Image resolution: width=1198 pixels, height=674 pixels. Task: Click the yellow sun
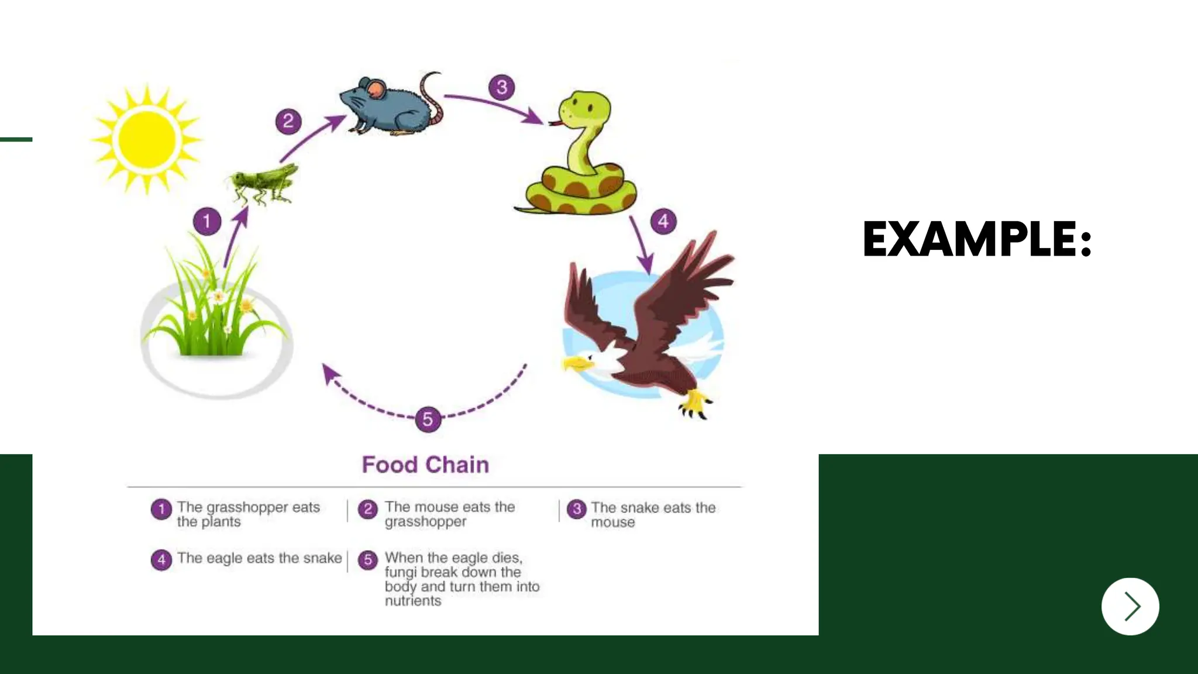147,139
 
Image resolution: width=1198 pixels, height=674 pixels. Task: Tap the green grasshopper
264,182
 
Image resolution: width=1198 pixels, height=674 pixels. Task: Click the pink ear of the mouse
377,89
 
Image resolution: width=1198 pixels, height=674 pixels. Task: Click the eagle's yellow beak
576,364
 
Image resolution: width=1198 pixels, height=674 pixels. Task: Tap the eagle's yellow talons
694,403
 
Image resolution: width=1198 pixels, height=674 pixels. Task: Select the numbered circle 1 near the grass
207,222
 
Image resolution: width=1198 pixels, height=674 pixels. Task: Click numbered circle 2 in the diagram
288,122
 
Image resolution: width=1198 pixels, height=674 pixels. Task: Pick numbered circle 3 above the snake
502,88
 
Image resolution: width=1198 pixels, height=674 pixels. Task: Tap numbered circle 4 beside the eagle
663,222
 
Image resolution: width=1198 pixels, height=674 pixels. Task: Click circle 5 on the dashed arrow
428,419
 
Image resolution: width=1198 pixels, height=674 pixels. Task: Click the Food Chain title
425,465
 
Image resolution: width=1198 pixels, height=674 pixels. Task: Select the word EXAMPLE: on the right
977,239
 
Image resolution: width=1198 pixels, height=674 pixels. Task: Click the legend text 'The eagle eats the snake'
259,558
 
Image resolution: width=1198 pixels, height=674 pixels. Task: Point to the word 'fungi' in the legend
400,572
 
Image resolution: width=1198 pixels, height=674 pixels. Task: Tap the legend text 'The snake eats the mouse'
653,514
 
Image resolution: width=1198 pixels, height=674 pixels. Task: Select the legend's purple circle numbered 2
368,509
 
